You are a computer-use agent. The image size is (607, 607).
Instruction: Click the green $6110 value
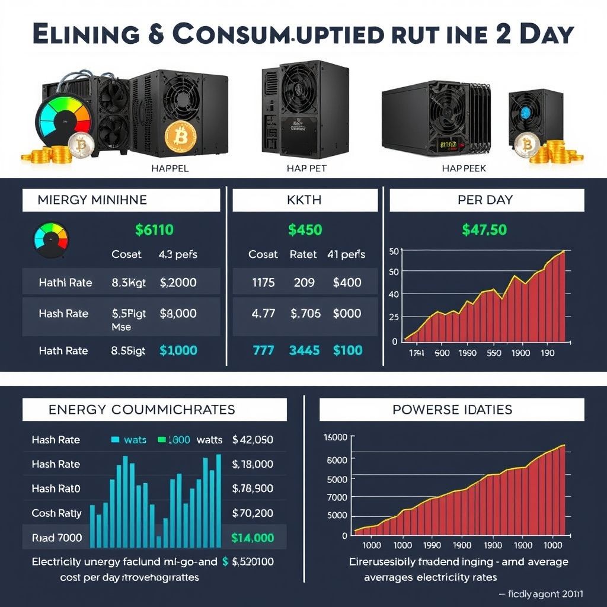coord(155,229)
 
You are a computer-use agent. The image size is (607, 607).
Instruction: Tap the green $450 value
coord(305,229)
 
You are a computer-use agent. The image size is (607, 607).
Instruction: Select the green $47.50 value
coord(484,229)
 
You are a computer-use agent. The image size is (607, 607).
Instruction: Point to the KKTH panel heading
coord(305,200)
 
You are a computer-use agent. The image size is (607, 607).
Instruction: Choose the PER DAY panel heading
coord(485,200)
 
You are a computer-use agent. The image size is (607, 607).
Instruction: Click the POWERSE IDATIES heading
coord(452,409)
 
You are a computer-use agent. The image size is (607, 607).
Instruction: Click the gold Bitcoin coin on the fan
coord(180,136)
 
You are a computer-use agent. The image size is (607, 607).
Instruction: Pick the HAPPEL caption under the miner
coord(170,168)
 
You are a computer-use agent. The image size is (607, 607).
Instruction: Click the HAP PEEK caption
coord(464,168)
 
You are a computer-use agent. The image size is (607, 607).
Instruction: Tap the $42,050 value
coord(253,439)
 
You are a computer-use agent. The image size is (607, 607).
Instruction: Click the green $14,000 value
coord(253,538)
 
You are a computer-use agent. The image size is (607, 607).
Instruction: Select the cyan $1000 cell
coord(178,350)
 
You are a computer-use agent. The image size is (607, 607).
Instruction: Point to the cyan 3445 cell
coord(305,350)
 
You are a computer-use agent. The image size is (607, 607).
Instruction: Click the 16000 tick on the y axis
coord(335,437)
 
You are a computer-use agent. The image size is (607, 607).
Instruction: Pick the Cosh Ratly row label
coord(57,513)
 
